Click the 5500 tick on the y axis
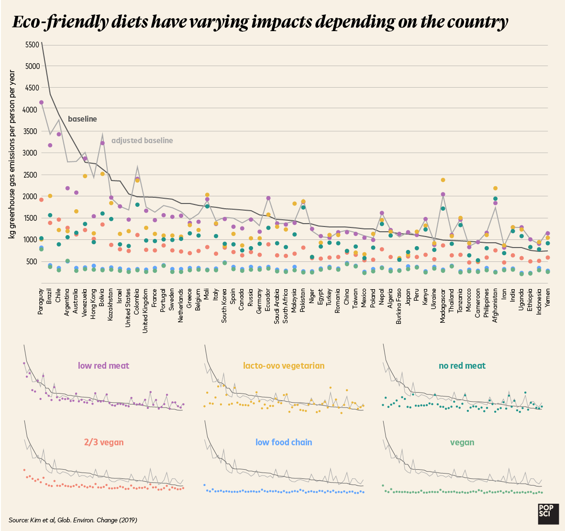click(33, 45)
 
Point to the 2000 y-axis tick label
click(33, 196)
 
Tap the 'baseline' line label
click(82, 119)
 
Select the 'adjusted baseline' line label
click(142, 140)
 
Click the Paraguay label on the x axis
click(41, 301)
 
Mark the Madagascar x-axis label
click(443, 306)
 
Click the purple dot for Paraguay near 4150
click(42, 102)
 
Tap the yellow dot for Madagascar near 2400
click(443, 180)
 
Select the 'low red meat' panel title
click(103, 365)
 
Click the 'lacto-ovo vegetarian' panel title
click(284, 365)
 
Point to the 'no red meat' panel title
click(462, 365)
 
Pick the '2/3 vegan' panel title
click(104, 442)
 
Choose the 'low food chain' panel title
click(284, 442)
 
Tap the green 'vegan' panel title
click(462, 442)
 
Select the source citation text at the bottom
click(73, 520)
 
